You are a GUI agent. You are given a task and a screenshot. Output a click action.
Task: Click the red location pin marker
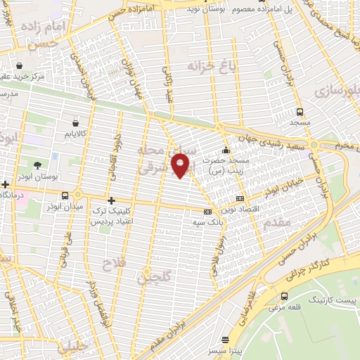click(181, 166)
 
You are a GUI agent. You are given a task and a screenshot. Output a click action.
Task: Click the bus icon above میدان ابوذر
click(65, 195)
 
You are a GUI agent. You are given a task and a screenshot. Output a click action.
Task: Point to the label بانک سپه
click(207, 221)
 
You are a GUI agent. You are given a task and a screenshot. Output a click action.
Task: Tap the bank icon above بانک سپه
click(207, 212)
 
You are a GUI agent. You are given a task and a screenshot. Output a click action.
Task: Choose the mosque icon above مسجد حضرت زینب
click(225, 150)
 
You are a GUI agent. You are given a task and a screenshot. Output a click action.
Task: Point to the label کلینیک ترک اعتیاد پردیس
click(115, 216)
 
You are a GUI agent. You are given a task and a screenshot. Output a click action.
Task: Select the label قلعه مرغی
click(289, 307)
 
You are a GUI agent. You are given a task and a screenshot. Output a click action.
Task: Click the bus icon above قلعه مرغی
click(284, 296)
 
